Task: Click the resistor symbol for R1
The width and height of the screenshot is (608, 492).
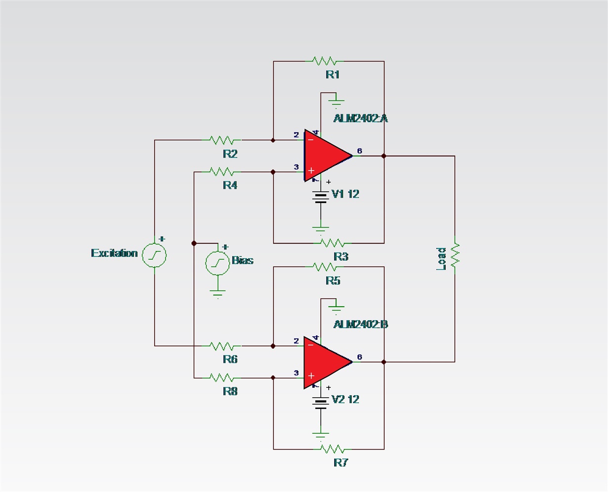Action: tap(324, 61)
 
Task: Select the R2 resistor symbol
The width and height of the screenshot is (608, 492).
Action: tap(222, 140)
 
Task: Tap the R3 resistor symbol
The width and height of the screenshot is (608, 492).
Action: tap(332, 243)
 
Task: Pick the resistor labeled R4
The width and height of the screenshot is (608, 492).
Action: tap(222, 172)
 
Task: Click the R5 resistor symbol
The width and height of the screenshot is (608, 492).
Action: tap(324, 267)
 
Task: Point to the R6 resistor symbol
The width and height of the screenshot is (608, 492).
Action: tap(222, 346)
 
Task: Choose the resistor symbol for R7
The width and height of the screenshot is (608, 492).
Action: tap(332, 449)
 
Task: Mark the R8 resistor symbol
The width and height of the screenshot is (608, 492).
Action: tap(222, 378)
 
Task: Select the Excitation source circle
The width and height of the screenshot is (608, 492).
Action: tap(154, 255)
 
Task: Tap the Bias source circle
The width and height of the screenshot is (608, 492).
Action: tap(217, 262)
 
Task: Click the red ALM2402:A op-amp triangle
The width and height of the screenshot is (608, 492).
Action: tap(324, 156)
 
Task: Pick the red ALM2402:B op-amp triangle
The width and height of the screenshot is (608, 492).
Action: tap(324, 362)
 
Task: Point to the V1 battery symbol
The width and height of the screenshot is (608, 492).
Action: tap(321, 197)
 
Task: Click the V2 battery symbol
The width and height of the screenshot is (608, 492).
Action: tap(321, 403)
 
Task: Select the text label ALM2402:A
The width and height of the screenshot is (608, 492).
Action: tap(360, 119)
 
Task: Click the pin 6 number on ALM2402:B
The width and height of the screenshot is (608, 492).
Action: tap(359, 357)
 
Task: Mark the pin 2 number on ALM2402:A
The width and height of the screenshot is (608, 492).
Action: tap(296, 135)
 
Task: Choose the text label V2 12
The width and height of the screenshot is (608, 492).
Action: tap(346, 399)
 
